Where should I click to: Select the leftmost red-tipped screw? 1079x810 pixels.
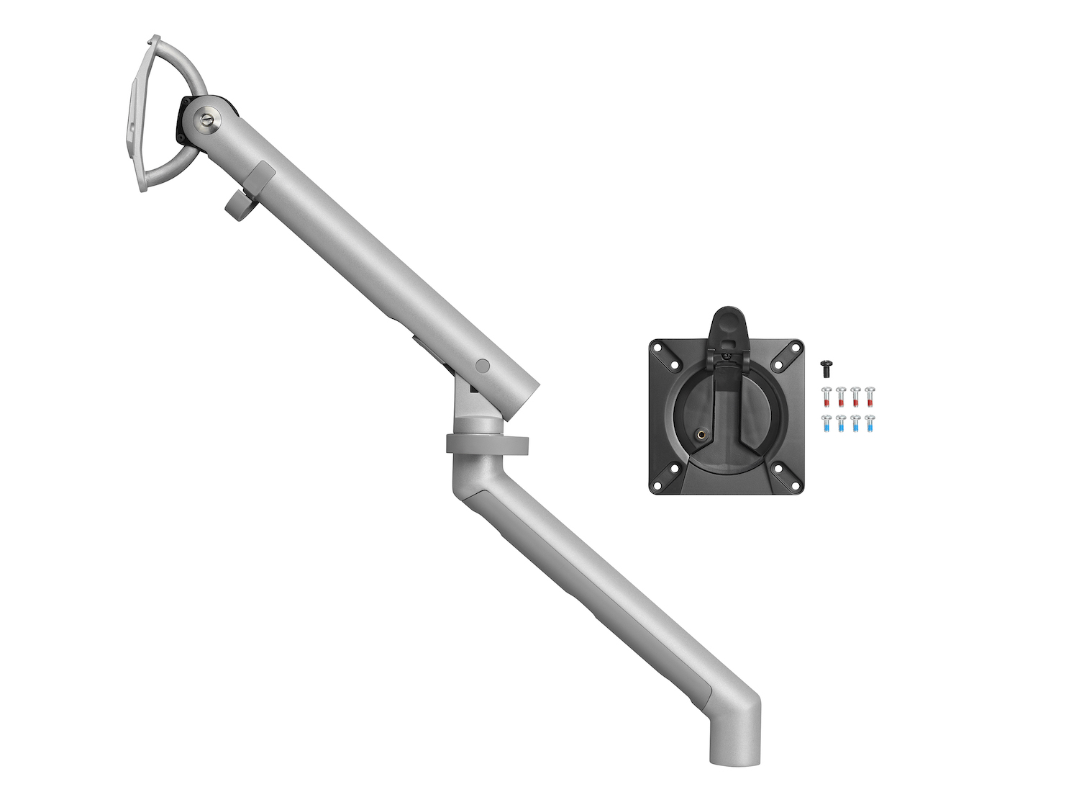(x=827, y=396)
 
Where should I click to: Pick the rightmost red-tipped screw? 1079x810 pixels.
(x=870, y=396)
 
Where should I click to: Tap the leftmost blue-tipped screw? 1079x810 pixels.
(x=827, y=423)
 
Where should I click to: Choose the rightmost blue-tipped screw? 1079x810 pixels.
(x=870, y=423)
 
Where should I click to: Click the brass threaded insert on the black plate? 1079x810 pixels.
(x=701, y=433)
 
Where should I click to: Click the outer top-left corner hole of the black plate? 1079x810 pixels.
(x=657, y=346)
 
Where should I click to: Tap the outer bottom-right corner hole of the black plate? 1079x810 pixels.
(x=795, y=485)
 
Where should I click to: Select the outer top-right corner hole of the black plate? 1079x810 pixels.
(x=796, y=346)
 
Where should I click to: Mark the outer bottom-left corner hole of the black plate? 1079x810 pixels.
(x=657, y=485)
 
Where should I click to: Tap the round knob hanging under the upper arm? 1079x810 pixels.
(x=235, y=207)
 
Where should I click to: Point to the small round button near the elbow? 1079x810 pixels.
(x=483, y=366)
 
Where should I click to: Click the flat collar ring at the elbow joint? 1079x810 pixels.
(x=487, y=444)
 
